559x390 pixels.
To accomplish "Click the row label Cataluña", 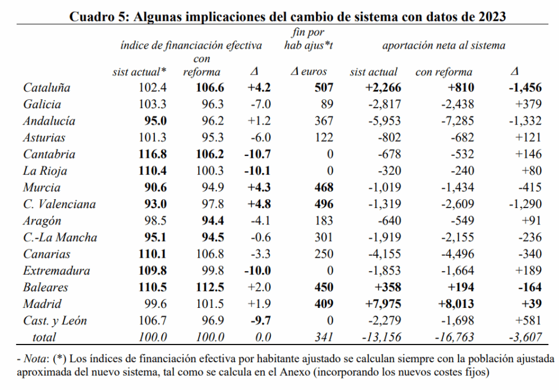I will tap(47, 88).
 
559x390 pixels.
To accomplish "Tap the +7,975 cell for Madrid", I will tap(382, 304).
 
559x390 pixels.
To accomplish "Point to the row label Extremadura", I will tap(57, 271).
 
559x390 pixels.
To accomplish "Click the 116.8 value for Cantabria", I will tap(153, 155).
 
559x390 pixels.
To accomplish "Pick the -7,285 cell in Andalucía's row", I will tap(454, 121).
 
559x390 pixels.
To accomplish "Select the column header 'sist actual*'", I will tap(139, 72).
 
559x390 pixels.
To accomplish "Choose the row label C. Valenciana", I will tap(59, 204).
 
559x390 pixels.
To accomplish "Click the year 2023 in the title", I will tap(489, 17).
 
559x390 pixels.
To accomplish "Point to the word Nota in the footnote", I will tap(35, 359).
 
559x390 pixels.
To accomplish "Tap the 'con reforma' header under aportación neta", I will tap(444, 72).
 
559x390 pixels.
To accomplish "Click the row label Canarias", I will tap(47, 255).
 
